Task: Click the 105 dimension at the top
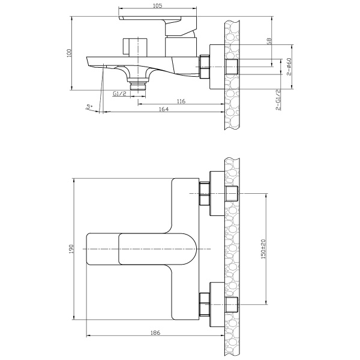coord(157,6)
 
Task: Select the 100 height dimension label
coord(70,53)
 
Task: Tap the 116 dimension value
coord(181,101)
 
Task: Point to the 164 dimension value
coord(164,109)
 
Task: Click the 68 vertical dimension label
coord(269,41)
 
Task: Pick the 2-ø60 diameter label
coord(289,67)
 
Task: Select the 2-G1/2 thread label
coord(278,100)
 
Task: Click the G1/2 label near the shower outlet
coord(119,94)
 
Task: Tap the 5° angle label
coord(89,107)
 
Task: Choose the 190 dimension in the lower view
coord(71,249)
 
